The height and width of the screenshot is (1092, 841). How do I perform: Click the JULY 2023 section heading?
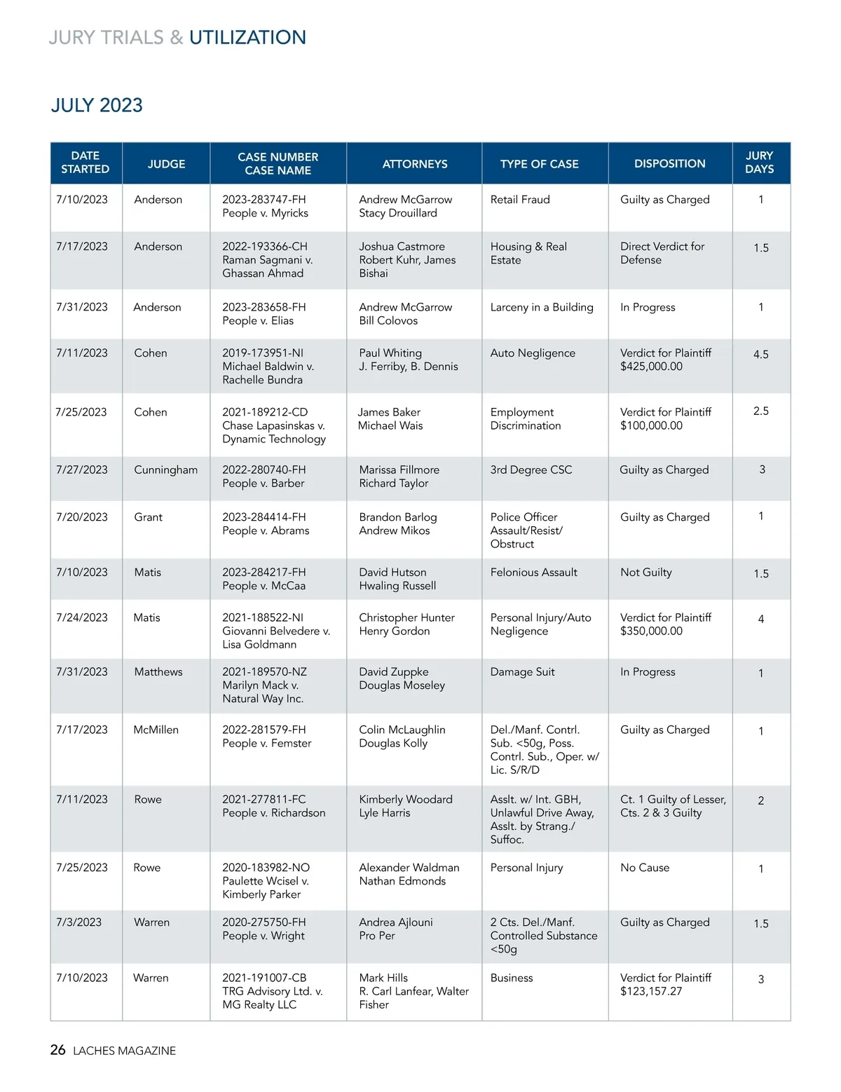coord(97,105)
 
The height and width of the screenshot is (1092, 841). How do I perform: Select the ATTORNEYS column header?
coord(415,164)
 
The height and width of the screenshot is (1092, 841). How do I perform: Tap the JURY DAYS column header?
coord(760,163)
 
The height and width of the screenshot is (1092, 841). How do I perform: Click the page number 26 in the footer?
coord(57,1050)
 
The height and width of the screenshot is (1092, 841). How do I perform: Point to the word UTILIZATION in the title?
coord(247,37)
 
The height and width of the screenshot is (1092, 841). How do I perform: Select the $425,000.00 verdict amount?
coord(651,367)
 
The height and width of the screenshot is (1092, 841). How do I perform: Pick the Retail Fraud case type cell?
coord(520,200)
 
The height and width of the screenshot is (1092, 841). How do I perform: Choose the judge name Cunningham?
coord(165,470)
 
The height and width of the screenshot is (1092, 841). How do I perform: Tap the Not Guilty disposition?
coord(645,573)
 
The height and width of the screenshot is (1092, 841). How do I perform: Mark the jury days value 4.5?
coord(761,355)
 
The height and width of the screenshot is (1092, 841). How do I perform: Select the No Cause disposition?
coord(645,868)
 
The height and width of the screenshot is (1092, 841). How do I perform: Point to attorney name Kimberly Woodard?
coord(406,800)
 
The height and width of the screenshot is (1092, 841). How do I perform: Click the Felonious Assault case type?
coord(533,573)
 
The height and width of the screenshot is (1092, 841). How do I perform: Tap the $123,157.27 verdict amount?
coord(651,991)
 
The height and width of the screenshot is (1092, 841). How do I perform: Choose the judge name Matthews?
coord(158,672)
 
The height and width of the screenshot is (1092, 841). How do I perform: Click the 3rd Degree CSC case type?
coord(531,470)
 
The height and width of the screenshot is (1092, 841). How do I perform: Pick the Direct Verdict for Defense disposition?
coord(662,253)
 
